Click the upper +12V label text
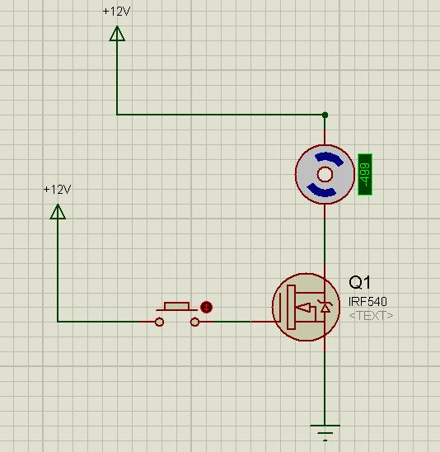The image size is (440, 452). tap(117, 12)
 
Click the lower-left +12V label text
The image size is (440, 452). tap(58, 190)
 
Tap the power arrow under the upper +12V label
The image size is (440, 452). tap(117, 34)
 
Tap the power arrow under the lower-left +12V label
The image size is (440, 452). tap(58, 212)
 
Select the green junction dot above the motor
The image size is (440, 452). tap(325, 115)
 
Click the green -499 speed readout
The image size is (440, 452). tap(365, 174)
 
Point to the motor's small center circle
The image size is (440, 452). tap(325, 174)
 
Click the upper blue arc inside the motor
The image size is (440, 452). tap(330, 158)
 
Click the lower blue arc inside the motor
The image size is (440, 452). tap(321, 191)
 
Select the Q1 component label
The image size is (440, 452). tap(359, 282)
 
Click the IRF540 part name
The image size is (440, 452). tap(367, 302)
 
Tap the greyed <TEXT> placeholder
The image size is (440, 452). tap(371, 316)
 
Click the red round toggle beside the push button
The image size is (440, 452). tap(206, 307)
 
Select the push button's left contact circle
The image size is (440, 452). tap(159, 322)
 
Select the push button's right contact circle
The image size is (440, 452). tap(194, 322)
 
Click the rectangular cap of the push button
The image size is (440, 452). tap(176, 306)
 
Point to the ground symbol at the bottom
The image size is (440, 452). tap(325, 432)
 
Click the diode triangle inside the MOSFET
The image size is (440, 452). tap(325, 308)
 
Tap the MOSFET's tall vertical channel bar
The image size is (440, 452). tap(291, 307)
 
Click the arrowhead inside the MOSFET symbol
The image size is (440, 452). tap(303, 308)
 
